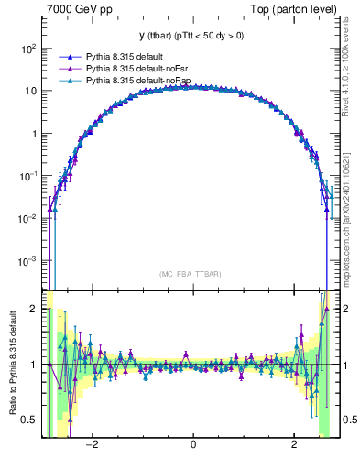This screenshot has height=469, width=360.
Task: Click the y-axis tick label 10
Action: click(30, 91)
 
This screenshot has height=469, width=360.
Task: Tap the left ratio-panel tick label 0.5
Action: click(30, 420)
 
